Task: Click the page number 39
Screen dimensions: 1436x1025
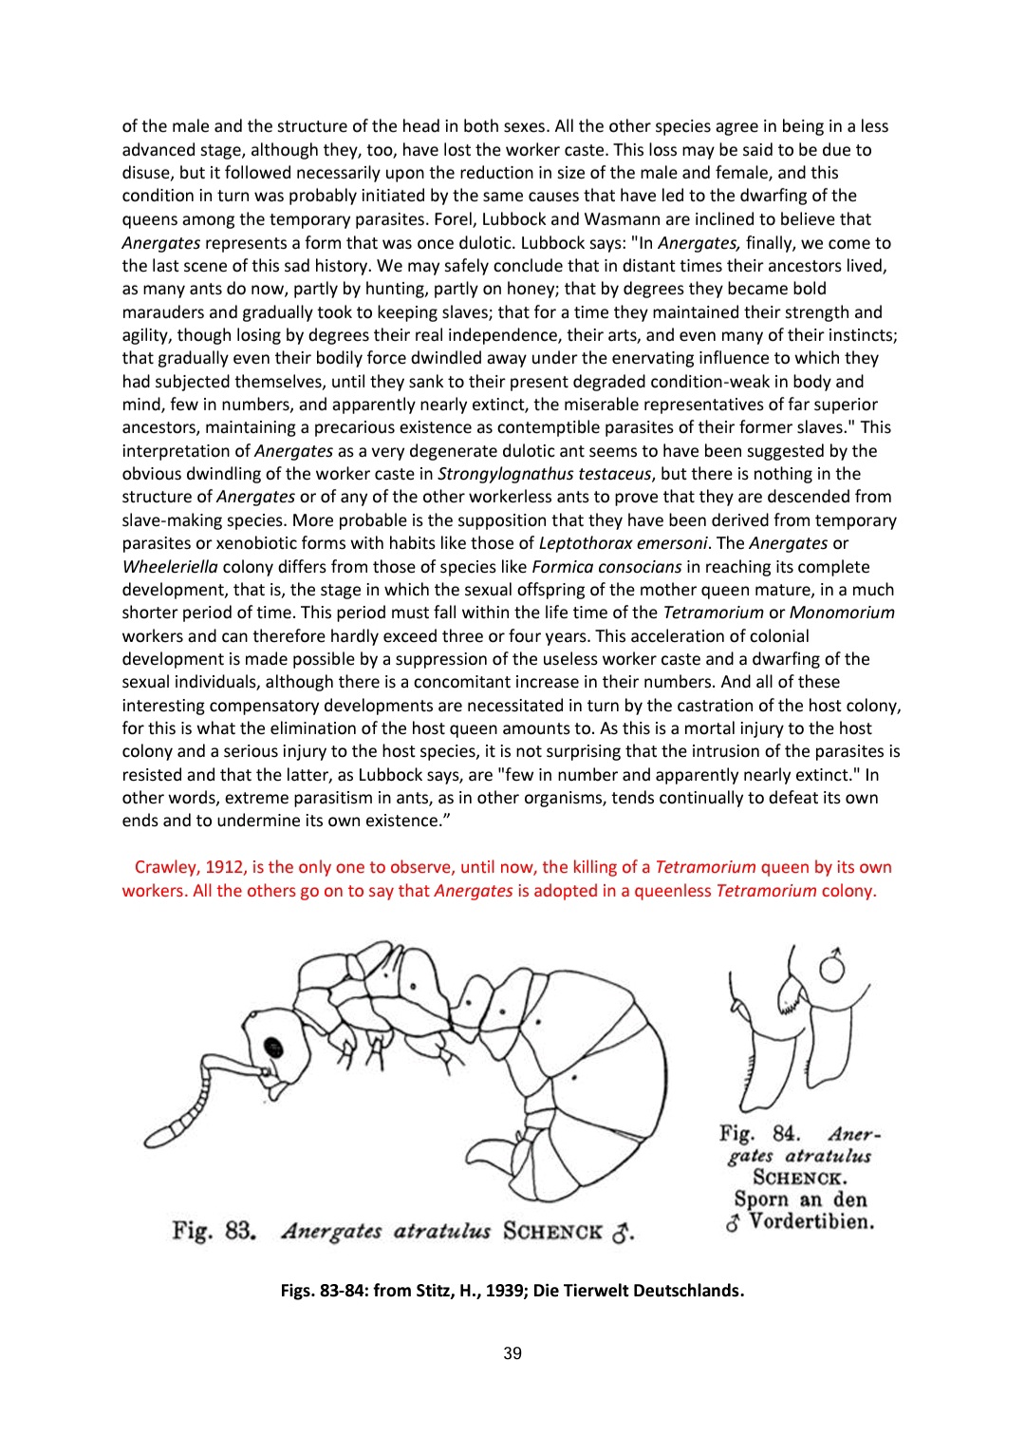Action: (512, 1353)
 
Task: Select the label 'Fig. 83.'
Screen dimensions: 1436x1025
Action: (215, 1231)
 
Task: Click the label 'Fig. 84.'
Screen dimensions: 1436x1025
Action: (759, 1133)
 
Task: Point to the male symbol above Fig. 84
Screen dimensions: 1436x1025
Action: (832, 966)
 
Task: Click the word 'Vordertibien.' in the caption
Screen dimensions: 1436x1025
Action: (811, 1222)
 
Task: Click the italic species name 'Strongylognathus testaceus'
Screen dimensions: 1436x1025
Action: (545, 474)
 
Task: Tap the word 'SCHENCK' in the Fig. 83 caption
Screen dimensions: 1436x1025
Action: (552, 1232)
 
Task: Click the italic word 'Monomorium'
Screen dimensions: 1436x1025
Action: (842, 613)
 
